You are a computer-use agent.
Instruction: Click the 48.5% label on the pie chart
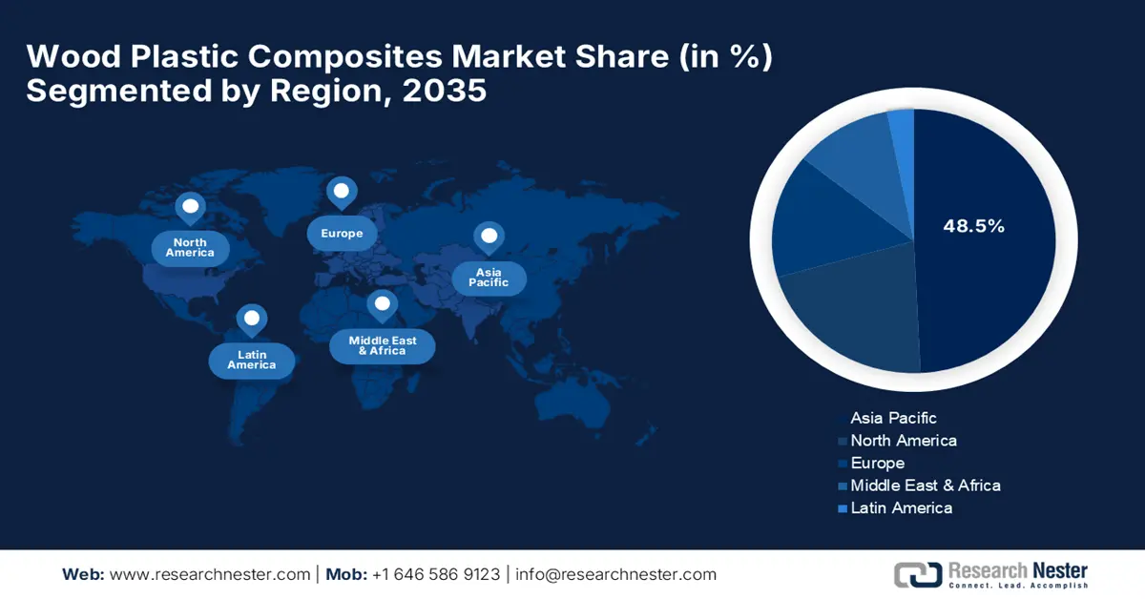tap(974, 226)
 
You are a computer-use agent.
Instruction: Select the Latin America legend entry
tap(895, 508)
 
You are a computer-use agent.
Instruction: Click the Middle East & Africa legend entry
tap(919, 485)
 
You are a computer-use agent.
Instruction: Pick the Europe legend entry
tap(871, 463)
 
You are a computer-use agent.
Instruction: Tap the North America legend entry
tap(898, 441)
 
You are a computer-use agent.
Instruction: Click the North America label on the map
tap(190, 248)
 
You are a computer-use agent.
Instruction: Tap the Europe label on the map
tap(342, 233)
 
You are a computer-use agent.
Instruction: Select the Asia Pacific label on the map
tap(489, 278)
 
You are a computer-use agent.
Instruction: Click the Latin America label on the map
tap(252, 361)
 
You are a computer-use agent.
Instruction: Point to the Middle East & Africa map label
tap(383, 346)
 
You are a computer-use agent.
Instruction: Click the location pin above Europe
tap(342, 194)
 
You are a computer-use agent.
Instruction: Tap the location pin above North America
tap(190, 208)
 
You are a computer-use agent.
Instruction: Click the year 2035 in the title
tap(445, 91)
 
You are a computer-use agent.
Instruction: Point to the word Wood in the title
tap(73, 55)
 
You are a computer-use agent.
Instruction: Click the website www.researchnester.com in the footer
tap(210, 574)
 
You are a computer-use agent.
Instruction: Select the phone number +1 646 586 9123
tap(436, 574)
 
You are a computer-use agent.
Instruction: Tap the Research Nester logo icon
tap(918, 574)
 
